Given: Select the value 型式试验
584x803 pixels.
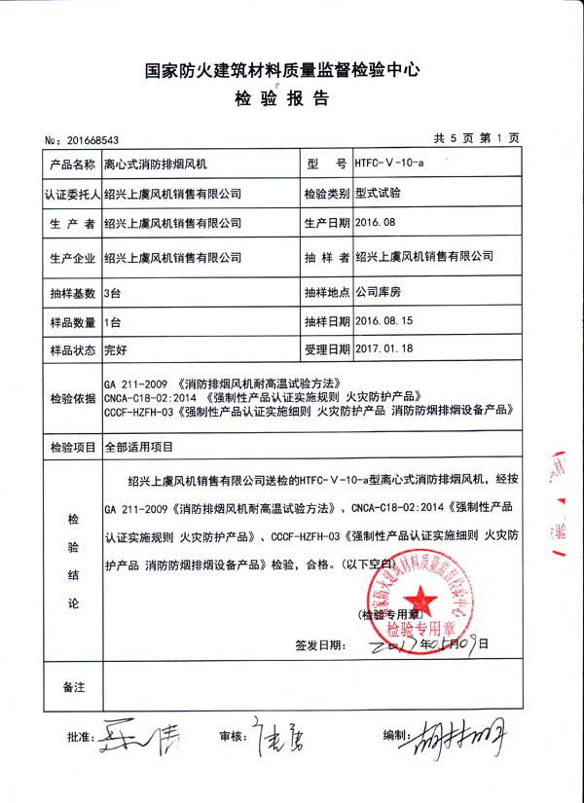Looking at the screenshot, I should point(379,193).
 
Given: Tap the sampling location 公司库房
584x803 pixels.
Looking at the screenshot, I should point(379,291).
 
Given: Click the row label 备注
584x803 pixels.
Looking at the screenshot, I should point(73,687).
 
